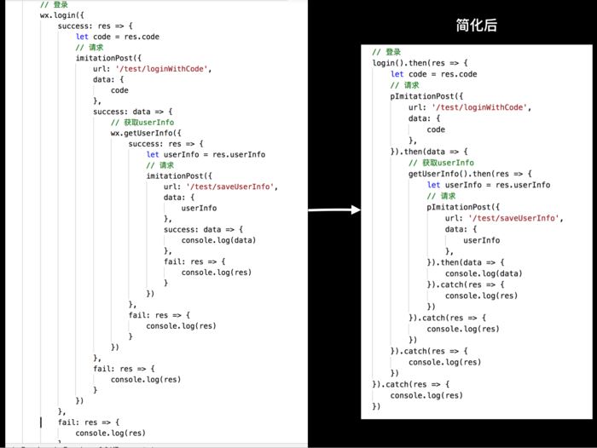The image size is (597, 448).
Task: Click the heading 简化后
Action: [476, 25]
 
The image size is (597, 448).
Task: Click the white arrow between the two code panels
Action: [334, 210]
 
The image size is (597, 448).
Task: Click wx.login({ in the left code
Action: [61, 15]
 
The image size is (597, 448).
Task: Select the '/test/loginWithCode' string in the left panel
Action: [163, 69]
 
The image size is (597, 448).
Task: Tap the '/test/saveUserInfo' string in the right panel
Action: [515, 218]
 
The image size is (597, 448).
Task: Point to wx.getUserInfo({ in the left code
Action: [146, 133]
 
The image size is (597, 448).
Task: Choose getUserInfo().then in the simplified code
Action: [449, 174]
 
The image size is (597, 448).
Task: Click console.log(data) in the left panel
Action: [218, 240]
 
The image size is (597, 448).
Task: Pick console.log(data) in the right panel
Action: [484, 273]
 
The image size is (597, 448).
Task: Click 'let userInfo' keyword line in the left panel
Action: [206, 154]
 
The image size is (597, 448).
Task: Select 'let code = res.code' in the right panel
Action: [433, 74]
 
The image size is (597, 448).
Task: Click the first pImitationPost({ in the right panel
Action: [426, 96]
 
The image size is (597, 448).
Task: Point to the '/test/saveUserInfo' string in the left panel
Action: [232, 187]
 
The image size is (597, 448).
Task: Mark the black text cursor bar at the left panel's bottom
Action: [41, 422]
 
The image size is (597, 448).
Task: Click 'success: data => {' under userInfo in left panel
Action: [203, 229]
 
